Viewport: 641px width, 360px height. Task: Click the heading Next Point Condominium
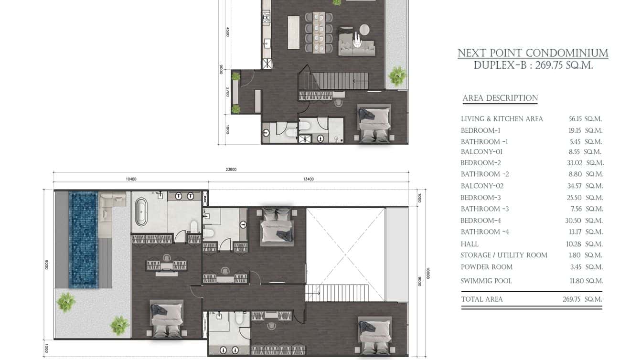[533, 53]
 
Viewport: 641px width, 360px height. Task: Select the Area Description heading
[500, 98]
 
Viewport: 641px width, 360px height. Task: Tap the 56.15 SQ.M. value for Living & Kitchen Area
[585, 119]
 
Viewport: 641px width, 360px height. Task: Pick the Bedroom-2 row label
[481, 163]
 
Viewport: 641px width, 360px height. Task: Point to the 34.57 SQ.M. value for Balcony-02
[585, 186]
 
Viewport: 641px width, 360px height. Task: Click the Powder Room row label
[486, 267]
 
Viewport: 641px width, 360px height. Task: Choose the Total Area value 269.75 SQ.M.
[582, 299]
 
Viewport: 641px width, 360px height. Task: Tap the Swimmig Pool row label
[486, 281]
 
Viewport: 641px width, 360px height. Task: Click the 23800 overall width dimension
[231, 169]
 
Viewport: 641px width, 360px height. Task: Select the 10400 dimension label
[131, 180]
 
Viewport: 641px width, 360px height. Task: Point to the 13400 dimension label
[309, 180]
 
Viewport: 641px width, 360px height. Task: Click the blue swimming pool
[83, 240]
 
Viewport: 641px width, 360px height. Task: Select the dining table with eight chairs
[319, 32]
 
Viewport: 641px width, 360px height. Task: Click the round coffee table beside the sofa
[364, 30]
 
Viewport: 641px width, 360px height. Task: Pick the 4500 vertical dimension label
[228, 32]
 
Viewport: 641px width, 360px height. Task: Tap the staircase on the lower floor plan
[337, 293]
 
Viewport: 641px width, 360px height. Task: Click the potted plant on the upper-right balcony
[397, 76]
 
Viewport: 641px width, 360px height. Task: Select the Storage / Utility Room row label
[504, 255]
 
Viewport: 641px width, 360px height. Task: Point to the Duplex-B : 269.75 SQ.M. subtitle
[533, 65]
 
